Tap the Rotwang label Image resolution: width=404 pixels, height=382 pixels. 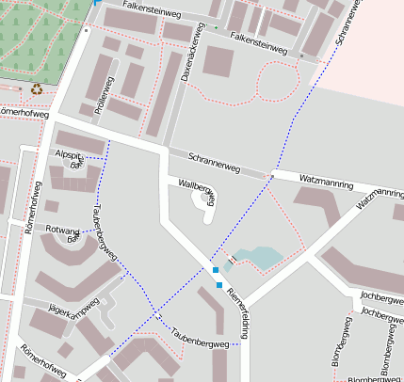62,230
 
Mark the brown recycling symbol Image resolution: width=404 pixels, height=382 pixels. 37,89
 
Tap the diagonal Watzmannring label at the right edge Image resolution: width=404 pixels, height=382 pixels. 380,195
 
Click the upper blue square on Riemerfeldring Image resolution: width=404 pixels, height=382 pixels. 216,270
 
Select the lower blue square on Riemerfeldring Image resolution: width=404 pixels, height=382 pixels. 219,284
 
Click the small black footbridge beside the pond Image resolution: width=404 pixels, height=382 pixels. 231,258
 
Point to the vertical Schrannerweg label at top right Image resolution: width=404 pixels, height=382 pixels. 347,24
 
